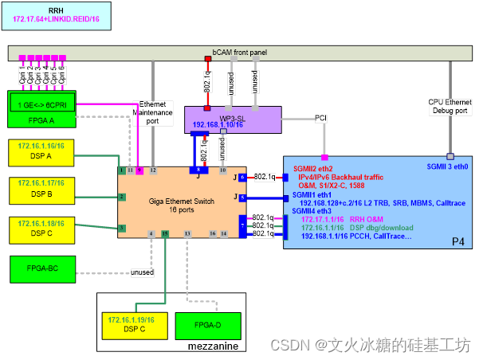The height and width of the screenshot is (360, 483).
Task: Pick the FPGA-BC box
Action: [x=43, y=268]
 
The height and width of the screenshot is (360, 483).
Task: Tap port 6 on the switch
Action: [x=242, y=177]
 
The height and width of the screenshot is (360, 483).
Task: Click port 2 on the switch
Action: [x=121, y=197]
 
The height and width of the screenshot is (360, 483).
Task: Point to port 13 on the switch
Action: [x=187, y=233]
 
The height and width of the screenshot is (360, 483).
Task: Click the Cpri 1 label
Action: [x=22, y=76]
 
